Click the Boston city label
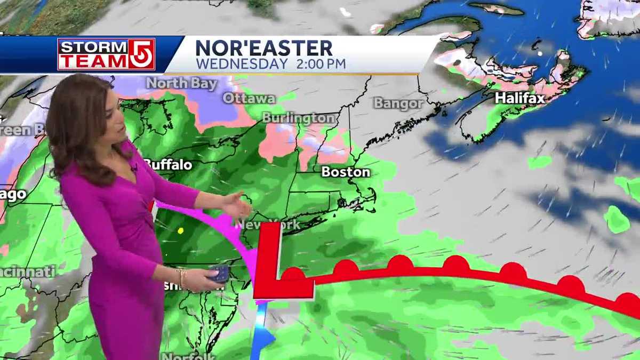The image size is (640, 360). (x=346, y=172)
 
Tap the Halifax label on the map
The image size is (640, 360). (x=519, y=98)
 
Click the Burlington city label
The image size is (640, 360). (x=299, y=118)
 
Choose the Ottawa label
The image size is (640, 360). (x=249, y=98)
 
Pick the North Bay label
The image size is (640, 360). (x=182, y=83)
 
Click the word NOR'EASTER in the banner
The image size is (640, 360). (x=264, y=49)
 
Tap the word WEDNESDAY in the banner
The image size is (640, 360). (x=242, y=64)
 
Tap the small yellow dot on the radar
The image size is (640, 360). (x=180, y=230)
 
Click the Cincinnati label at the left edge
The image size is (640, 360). (x=27, y=271)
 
